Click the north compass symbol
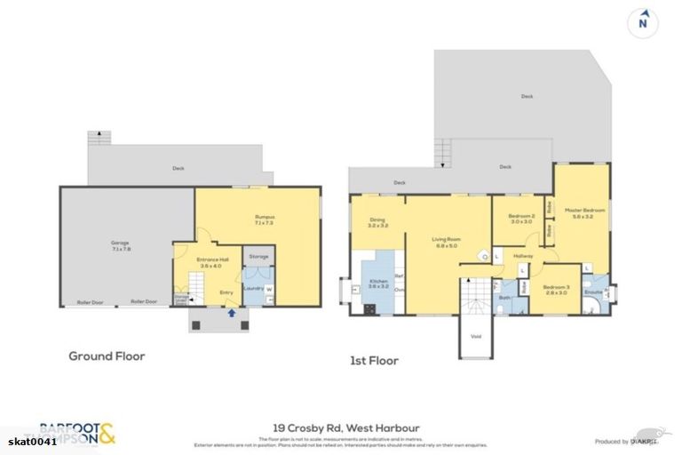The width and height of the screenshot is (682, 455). (x=642, y=22)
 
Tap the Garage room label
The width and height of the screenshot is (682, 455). (x=119, y=247)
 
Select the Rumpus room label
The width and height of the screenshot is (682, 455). (x=265, y=219)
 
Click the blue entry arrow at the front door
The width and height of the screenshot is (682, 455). (x=232, y=312)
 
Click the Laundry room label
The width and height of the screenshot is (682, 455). (x=251, y=288)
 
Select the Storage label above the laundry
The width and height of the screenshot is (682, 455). (x=258, y=257)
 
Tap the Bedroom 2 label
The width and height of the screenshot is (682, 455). (x=521, y=219)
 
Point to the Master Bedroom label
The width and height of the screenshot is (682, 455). (x=584, y=212)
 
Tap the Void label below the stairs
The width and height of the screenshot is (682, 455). (x=477, y=336)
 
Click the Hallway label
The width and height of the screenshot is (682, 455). (x=523, y=257)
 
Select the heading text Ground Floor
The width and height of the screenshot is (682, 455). (x=107, y=356)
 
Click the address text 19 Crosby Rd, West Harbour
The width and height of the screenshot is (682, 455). (x=343, y=428)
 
